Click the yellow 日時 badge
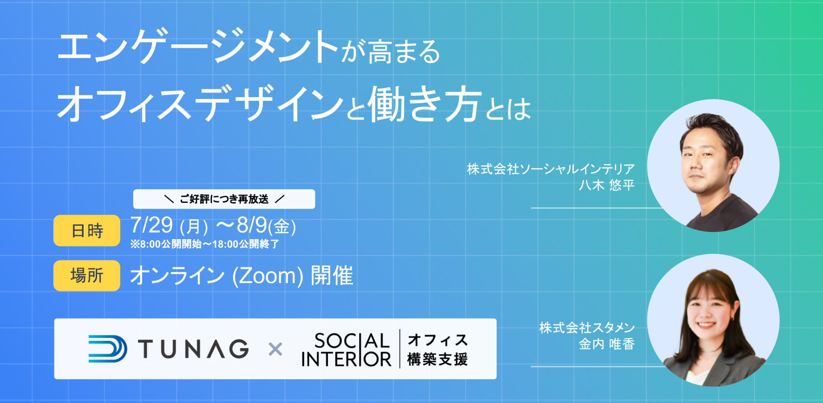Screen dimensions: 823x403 [x=87, y=231]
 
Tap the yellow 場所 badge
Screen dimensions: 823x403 [x=87, y=276]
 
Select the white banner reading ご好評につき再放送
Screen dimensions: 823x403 [x=224, y=199]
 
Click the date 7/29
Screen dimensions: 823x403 [x=151, y=225]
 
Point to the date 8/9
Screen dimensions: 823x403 [x=252, y=225]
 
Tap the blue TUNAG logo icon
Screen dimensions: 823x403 [x=108, y=349]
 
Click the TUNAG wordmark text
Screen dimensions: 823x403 [x=193, y=349]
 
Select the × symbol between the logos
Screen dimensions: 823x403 [x=275, y=349]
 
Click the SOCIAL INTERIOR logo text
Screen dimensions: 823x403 [x=347, y=350]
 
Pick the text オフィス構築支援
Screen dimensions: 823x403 [x=437, y=350]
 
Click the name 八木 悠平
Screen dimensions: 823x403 [x=607, y=185]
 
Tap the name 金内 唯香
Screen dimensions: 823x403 [x=607, y=344]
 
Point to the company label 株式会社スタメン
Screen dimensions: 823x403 [x=587, y=328]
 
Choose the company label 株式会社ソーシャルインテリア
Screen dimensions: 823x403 [x=551, y=169]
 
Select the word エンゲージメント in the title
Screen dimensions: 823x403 [x=197, y=46]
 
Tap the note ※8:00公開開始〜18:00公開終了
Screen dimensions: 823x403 [x=204, y=244]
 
